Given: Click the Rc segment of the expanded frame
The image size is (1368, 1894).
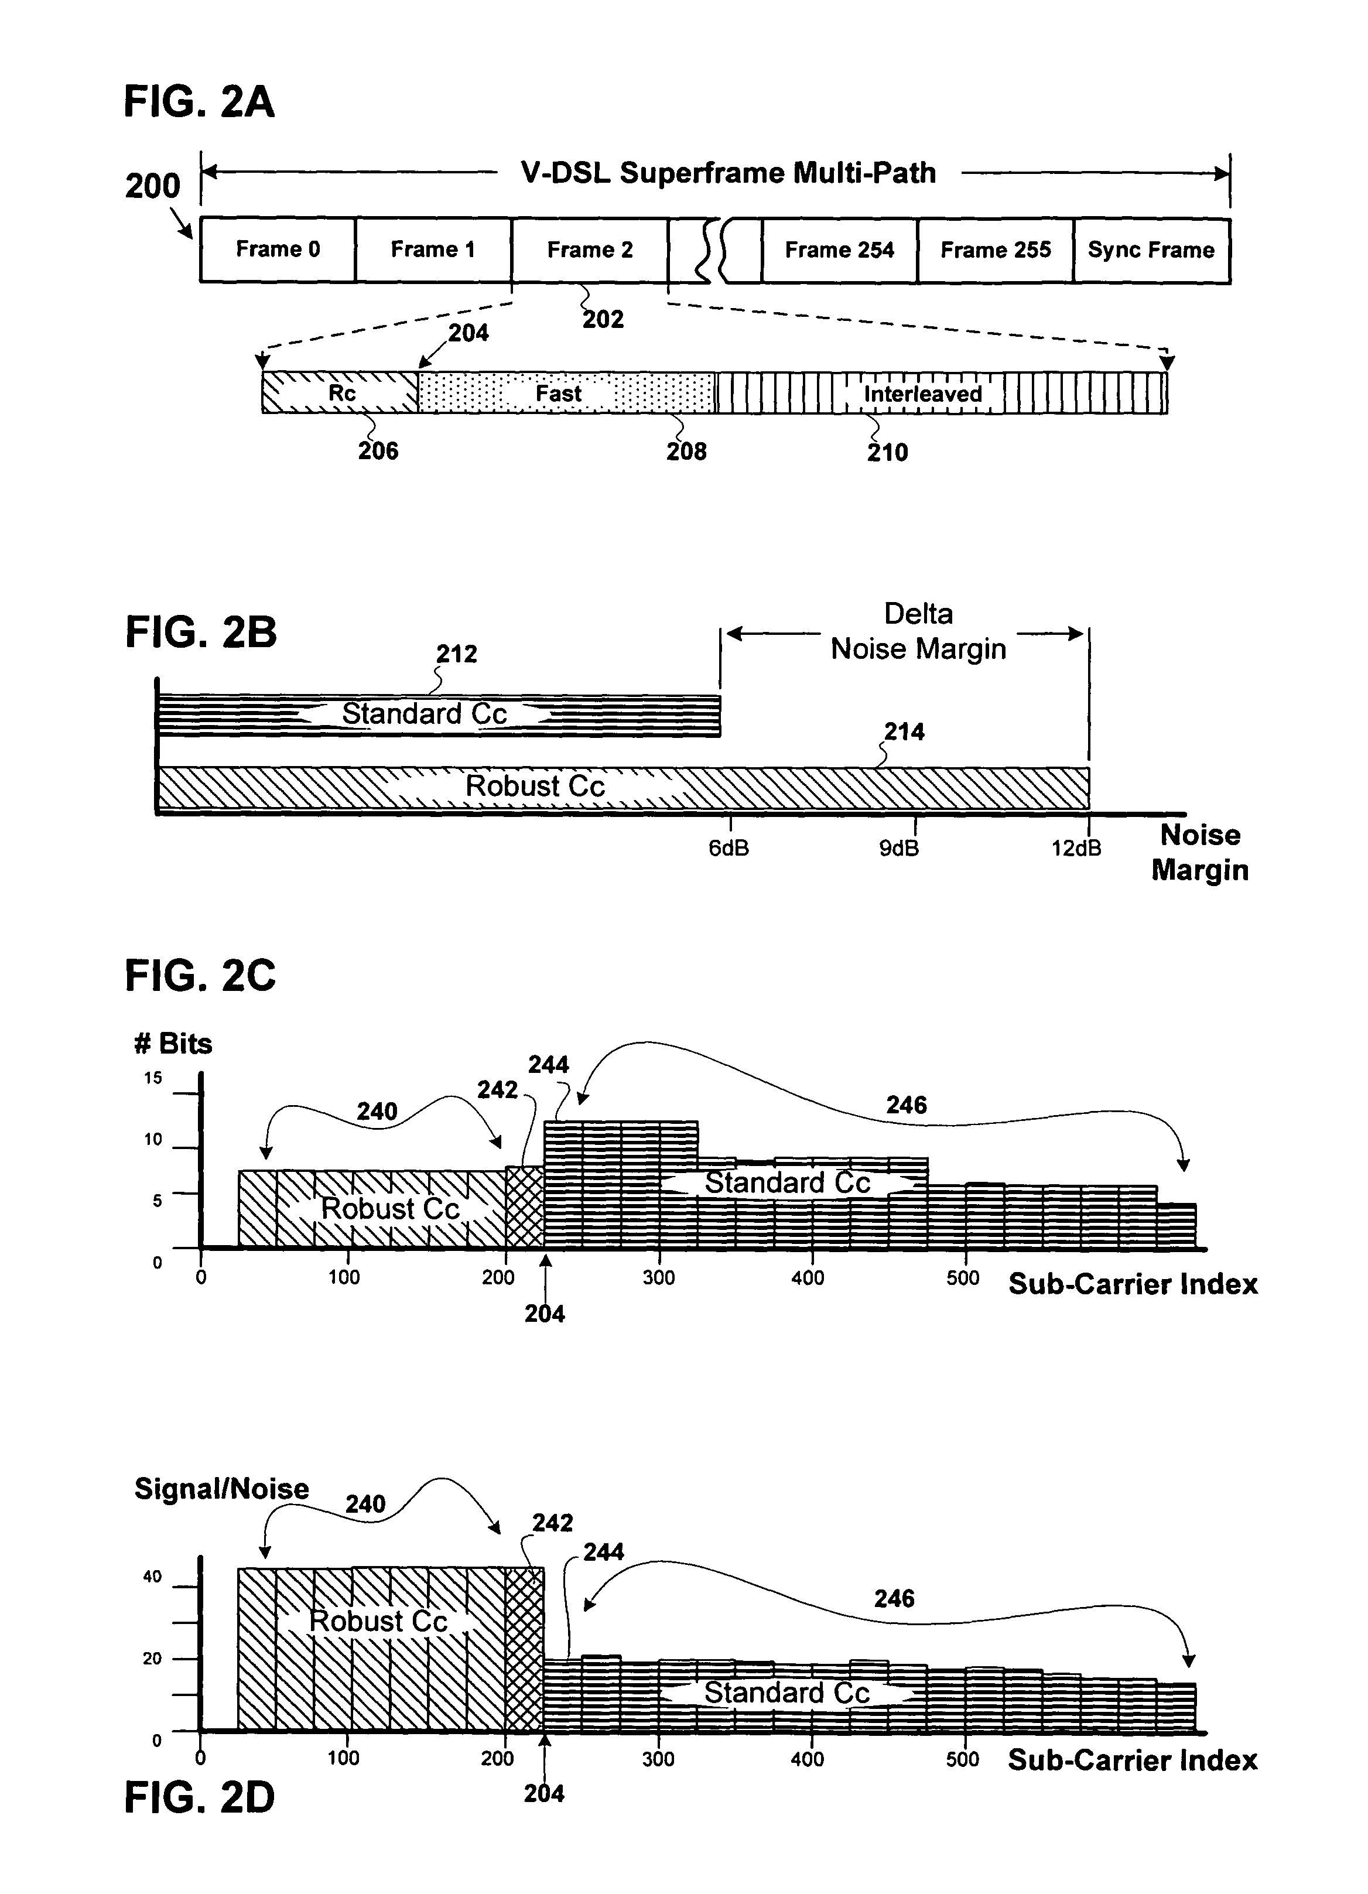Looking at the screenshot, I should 341,392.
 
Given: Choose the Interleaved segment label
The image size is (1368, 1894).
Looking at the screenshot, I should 922,394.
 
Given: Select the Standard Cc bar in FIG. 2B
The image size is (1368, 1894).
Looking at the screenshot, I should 424,714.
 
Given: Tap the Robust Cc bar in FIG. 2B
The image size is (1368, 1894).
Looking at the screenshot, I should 535,786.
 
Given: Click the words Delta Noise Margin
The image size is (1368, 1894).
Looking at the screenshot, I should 918,631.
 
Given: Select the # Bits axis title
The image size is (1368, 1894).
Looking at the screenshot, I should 173,1044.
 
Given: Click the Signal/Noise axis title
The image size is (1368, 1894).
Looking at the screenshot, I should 221,1489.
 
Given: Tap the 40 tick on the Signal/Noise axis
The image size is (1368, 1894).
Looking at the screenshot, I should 152,1577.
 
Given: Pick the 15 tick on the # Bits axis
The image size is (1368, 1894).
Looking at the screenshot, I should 153,1078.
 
